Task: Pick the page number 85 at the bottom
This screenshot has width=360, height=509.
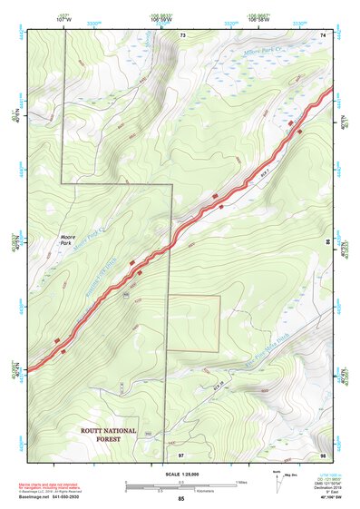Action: coord(181,500)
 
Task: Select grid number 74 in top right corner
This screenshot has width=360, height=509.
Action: coord(323,34)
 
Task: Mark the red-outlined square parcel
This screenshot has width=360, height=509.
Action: coord(193,323)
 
